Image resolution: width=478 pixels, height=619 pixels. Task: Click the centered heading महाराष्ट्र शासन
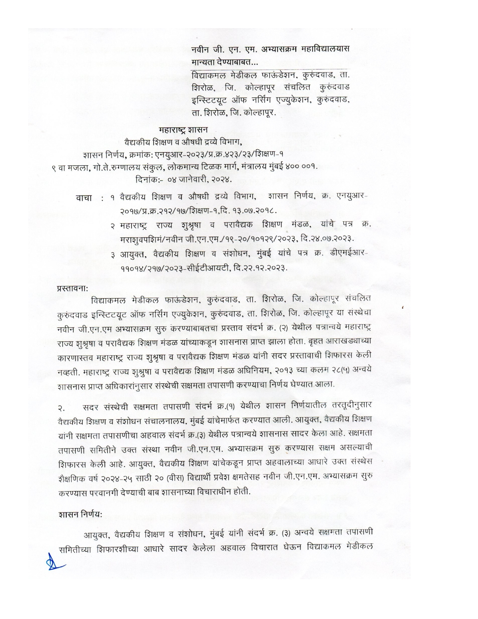click(x=183, y=130)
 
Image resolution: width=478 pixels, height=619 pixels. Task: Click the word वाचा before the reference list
click(x=84, y=198)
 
